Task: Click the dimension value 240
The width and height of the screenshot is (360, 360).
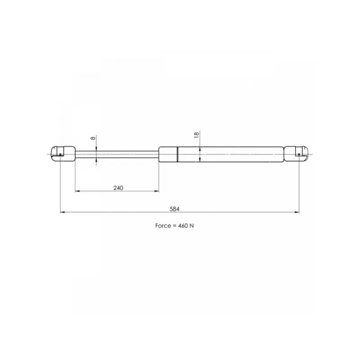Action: [x=118, y=188]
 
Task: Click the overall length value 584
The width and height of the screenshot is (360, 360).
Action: [x=175, y=209]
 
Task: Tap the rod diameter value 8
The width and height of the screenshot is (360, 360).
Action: [x=93, y=138]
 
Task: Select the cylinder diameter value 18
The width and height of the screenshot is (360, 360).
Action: [x=197, y=135]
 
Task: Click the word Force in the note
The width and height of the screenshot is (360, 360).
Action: [x=163, y=226]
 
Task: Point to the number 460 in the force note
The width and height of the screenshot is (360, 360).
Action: [x=183, y=226]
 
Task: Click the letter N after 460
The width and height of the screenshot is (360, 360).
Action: [x=192, y=226]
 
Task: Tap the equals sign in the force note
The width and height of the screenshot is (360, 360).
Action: [x=175, y=226]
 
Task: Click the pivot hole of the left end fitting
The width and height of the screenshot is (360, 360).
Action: [x=60, y=154]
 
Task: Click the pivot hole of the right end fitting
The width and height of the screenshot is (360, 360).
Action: [x=299, y=154]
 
